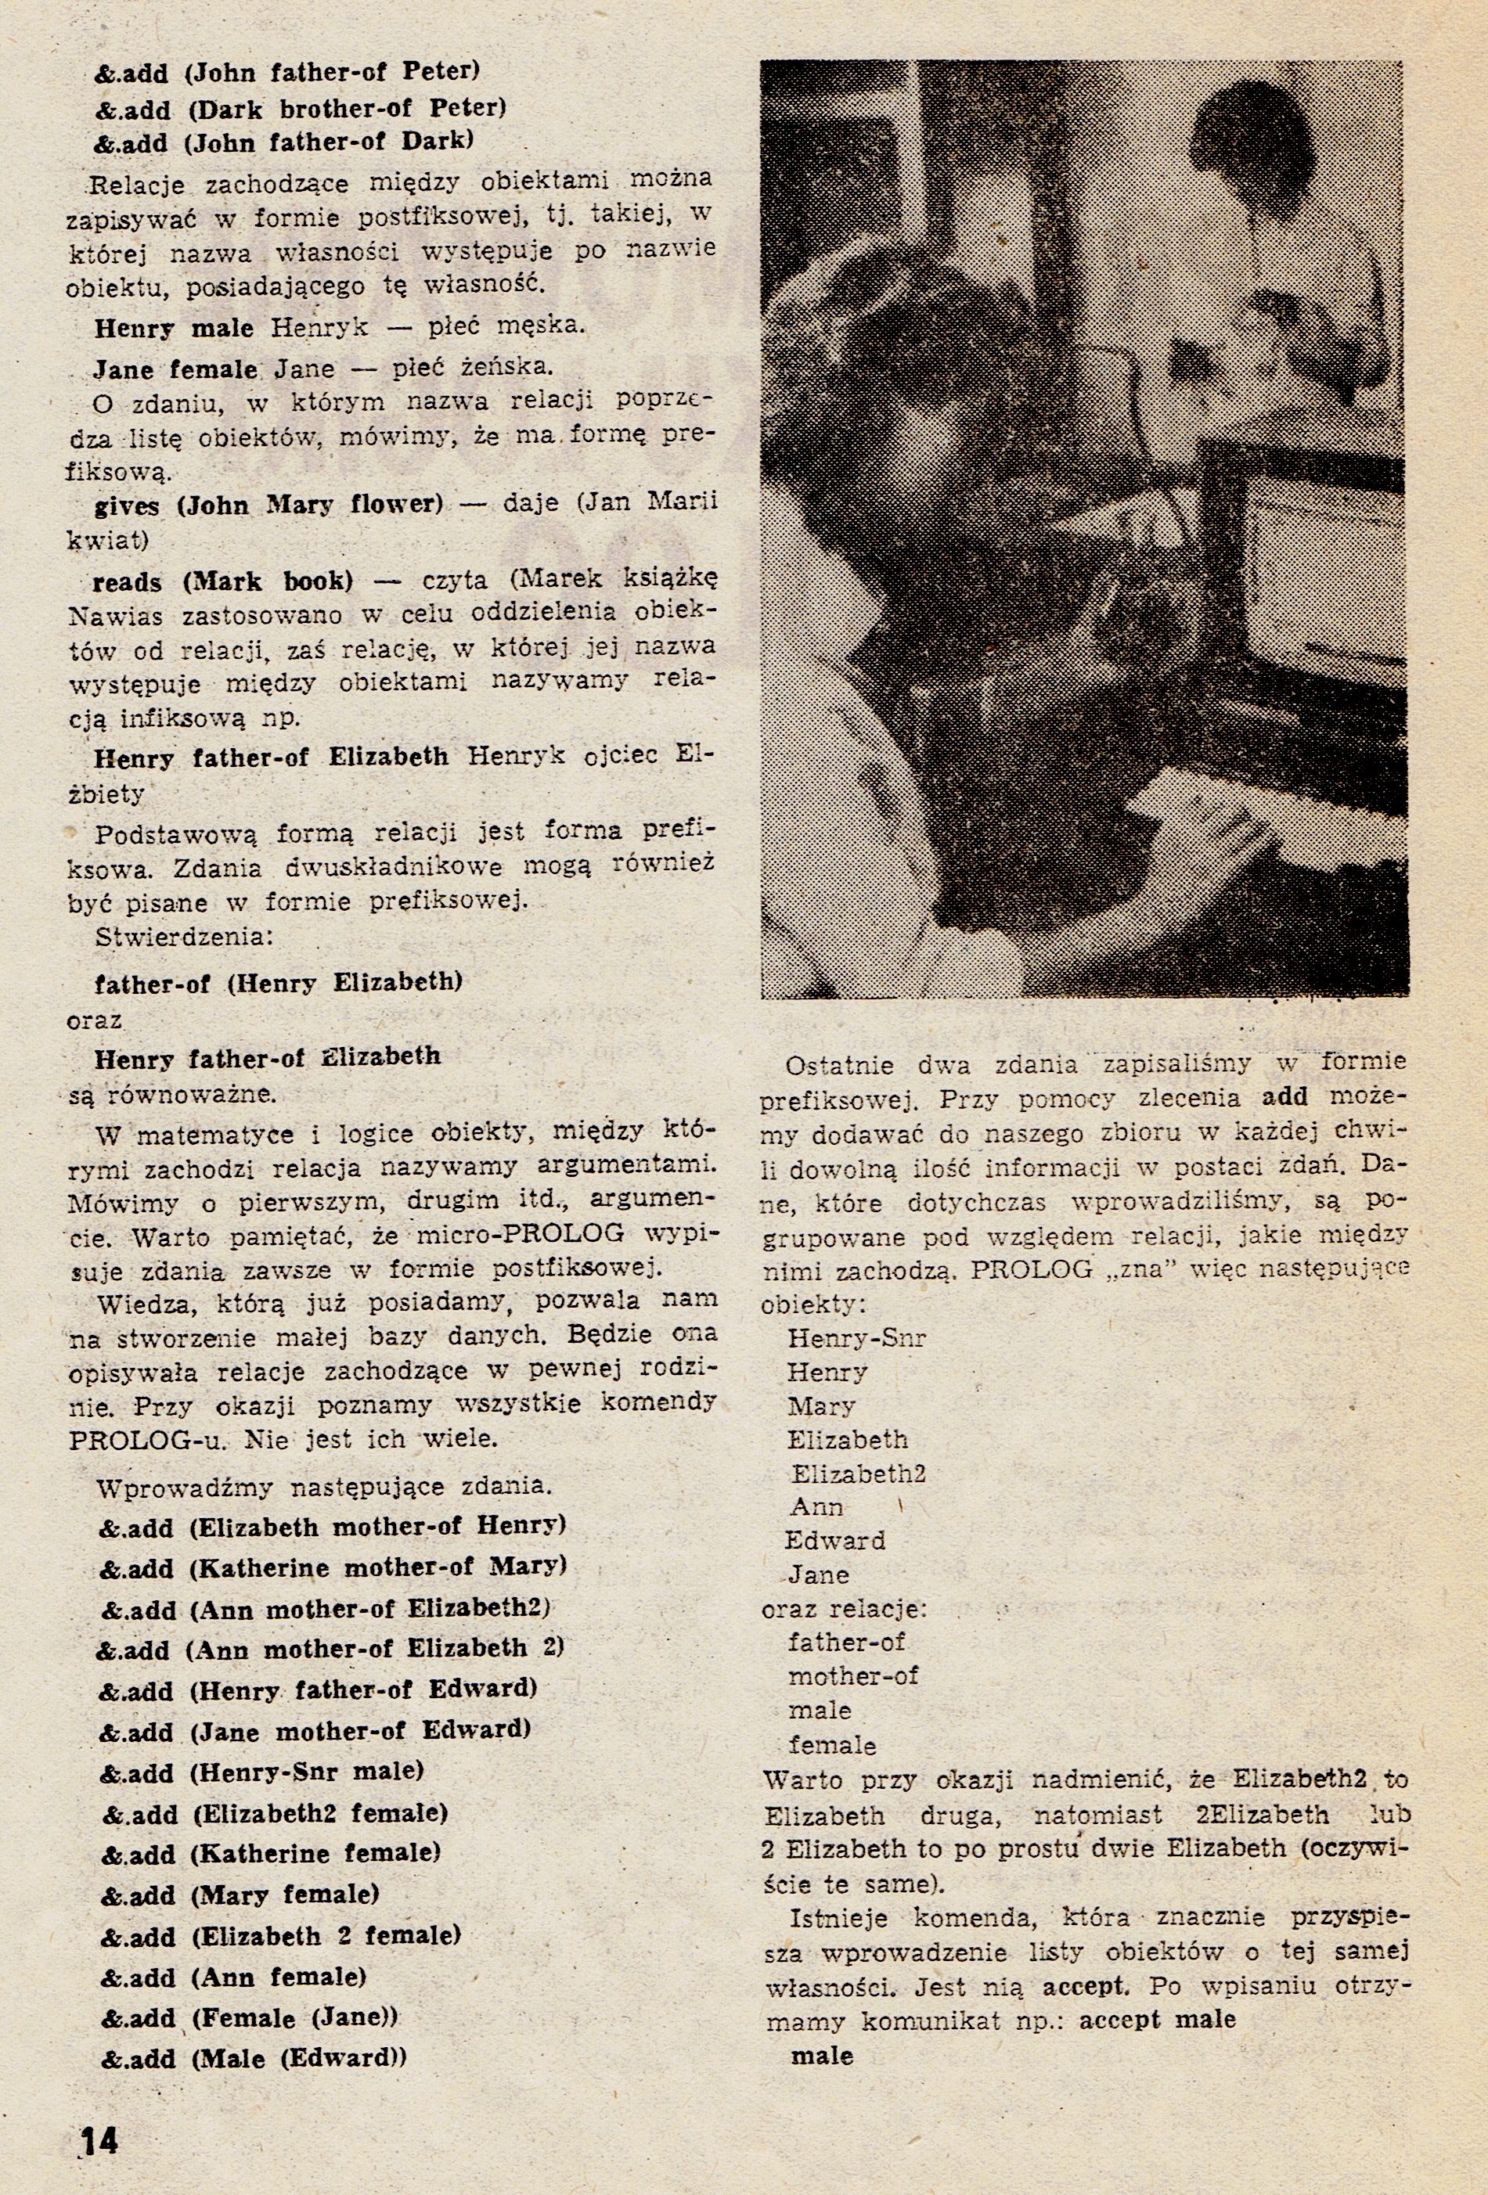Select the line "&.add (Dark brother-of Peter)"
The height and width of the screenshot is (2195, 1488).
coord(301,109)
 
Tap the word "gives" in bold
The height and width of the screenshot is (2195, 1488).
coord(127,506)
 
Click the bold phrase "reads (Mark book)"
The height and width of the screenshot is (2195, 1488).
coord(222,581)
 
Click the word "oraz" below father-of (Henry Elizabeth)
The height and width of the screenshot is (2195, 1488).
coord(95,1021)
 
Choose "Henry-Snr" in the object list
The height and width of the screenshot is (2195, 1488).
coord(856,1338)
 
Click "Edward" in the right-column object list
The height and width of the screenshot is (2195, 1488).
coord(835,1541)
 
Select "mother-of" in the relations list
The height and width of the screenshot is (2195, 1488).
coord(852,1676)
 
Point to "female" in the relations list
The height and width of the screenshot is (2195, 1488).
coord(831,1744)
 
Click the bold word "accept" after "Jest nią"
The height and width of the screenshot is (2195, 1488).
coord(1085,1985)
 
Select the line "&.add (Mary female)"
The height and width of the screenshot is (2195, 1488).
coord(240,1894)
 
